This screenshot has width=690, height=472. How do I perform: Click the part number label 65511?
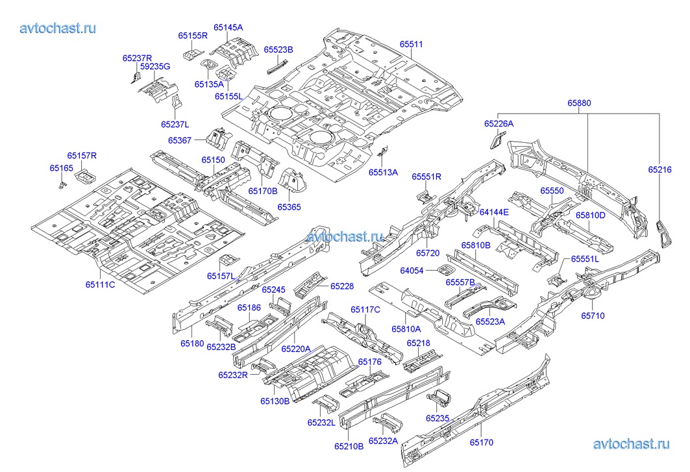coord(411,44)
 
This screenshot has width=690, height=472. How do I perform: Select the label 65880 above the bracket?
coord(579,103)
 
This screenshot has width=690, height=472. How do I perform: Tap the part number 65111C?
coord(100,284)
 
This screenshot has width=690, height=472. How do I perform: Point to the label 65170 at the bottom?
coord(482,443)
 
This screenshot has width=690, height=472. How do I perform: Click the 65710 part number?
coord(593,316)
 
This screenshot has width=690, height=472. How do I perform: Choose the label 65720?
coord(428,252)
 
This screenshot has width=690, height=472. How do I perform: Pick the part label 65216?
coord(659,169)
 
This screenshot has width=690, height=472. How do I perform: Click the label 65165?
coord(62,168)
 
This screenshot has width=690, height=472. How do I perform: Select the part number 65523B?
coord(278,49)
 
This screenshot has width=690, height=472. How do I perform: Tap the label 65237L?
coord(175,124)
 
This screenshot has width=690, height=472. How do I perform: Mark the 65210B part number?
coord(349,446)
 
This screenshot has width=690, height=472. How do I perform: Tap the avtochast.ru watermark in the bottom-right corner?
coord(631,444)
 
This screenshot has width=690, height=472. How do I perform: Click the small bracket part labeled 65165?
coord(63,185)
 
